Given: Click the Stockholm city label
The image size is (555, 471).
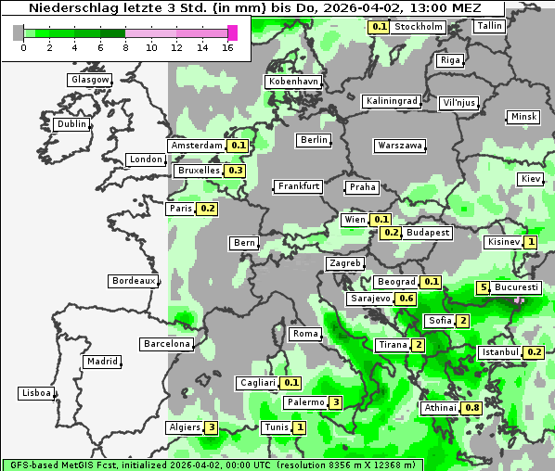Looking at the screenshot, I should tap(419, 27).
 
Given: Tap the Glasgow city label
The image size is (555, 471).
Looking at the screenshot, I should tap(90, 80).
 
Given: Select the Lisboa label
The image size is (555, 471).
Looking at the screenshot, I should tap(36, 393).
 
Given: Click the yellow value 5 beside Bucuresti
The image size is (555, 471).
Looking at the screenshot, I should tap(483, 287).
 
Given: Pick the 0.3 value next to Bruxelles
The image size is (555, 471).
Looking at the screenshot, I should tap(236, 171).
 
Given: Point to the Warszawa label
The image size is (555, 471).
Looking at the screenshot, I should tap(401, 146).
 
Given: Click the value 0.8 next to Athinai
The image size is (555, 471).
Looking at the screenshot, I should tap(472, 408).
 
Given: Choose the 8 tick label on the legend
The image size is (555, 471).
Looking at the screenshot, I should tap(124, 46).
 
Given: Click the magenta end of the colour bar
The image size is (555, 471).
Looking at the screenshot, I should tap(232, 32).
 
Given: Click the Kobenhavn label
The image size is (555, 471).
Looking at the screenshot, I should tap(293, 82).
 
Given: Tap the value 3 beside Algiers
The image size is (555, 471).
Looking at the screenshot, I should tap(213, 427).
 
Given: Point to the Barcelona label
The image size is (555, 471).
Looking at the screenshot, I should tap(167, 344).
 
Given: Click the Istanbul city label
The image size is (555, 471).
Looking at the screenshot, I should tap(500, 352).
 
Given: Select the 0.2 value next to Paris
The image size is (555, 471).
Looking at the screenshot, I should tap(208, 209).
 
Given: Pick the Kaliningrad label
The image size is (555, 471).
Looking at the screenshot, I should tap(393, 100).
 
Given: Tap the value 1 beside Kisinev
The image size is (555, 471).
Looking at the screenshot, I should tap(531, 242).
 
